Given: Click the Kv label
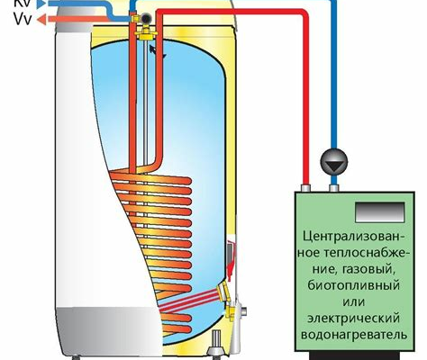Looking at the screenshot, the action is [22, 3].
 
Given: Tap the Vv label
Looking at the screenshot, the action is [23, 20].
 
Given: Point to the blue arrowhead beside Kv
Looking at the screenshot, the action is [41, 3].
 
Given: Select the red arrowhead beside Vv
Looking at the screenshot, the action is [41, 20].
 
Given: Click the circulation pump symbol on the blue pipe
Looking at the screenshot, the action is [334, 162].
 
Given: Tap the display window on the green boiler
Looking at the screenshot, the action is [380, 211].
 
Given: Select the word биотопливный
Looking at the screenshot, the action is [353, 284].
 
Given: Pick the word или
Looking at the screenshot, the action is [354, 301].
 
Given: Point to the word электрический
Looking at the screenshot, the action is [353, 318].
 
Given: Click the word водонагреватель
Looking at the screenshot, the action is [354, 334].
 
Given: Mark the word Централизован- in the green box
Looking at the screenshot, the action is [354, 236].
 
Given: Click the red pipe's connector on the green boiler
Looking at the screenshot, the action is [305, 188].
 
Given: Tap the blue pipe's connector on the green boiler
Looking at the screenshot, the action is [334, 188].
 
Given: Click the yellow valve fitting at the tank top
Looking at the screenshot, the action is [146, 31].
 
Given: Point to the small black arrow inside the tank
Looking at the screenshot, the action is [158, 51].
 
